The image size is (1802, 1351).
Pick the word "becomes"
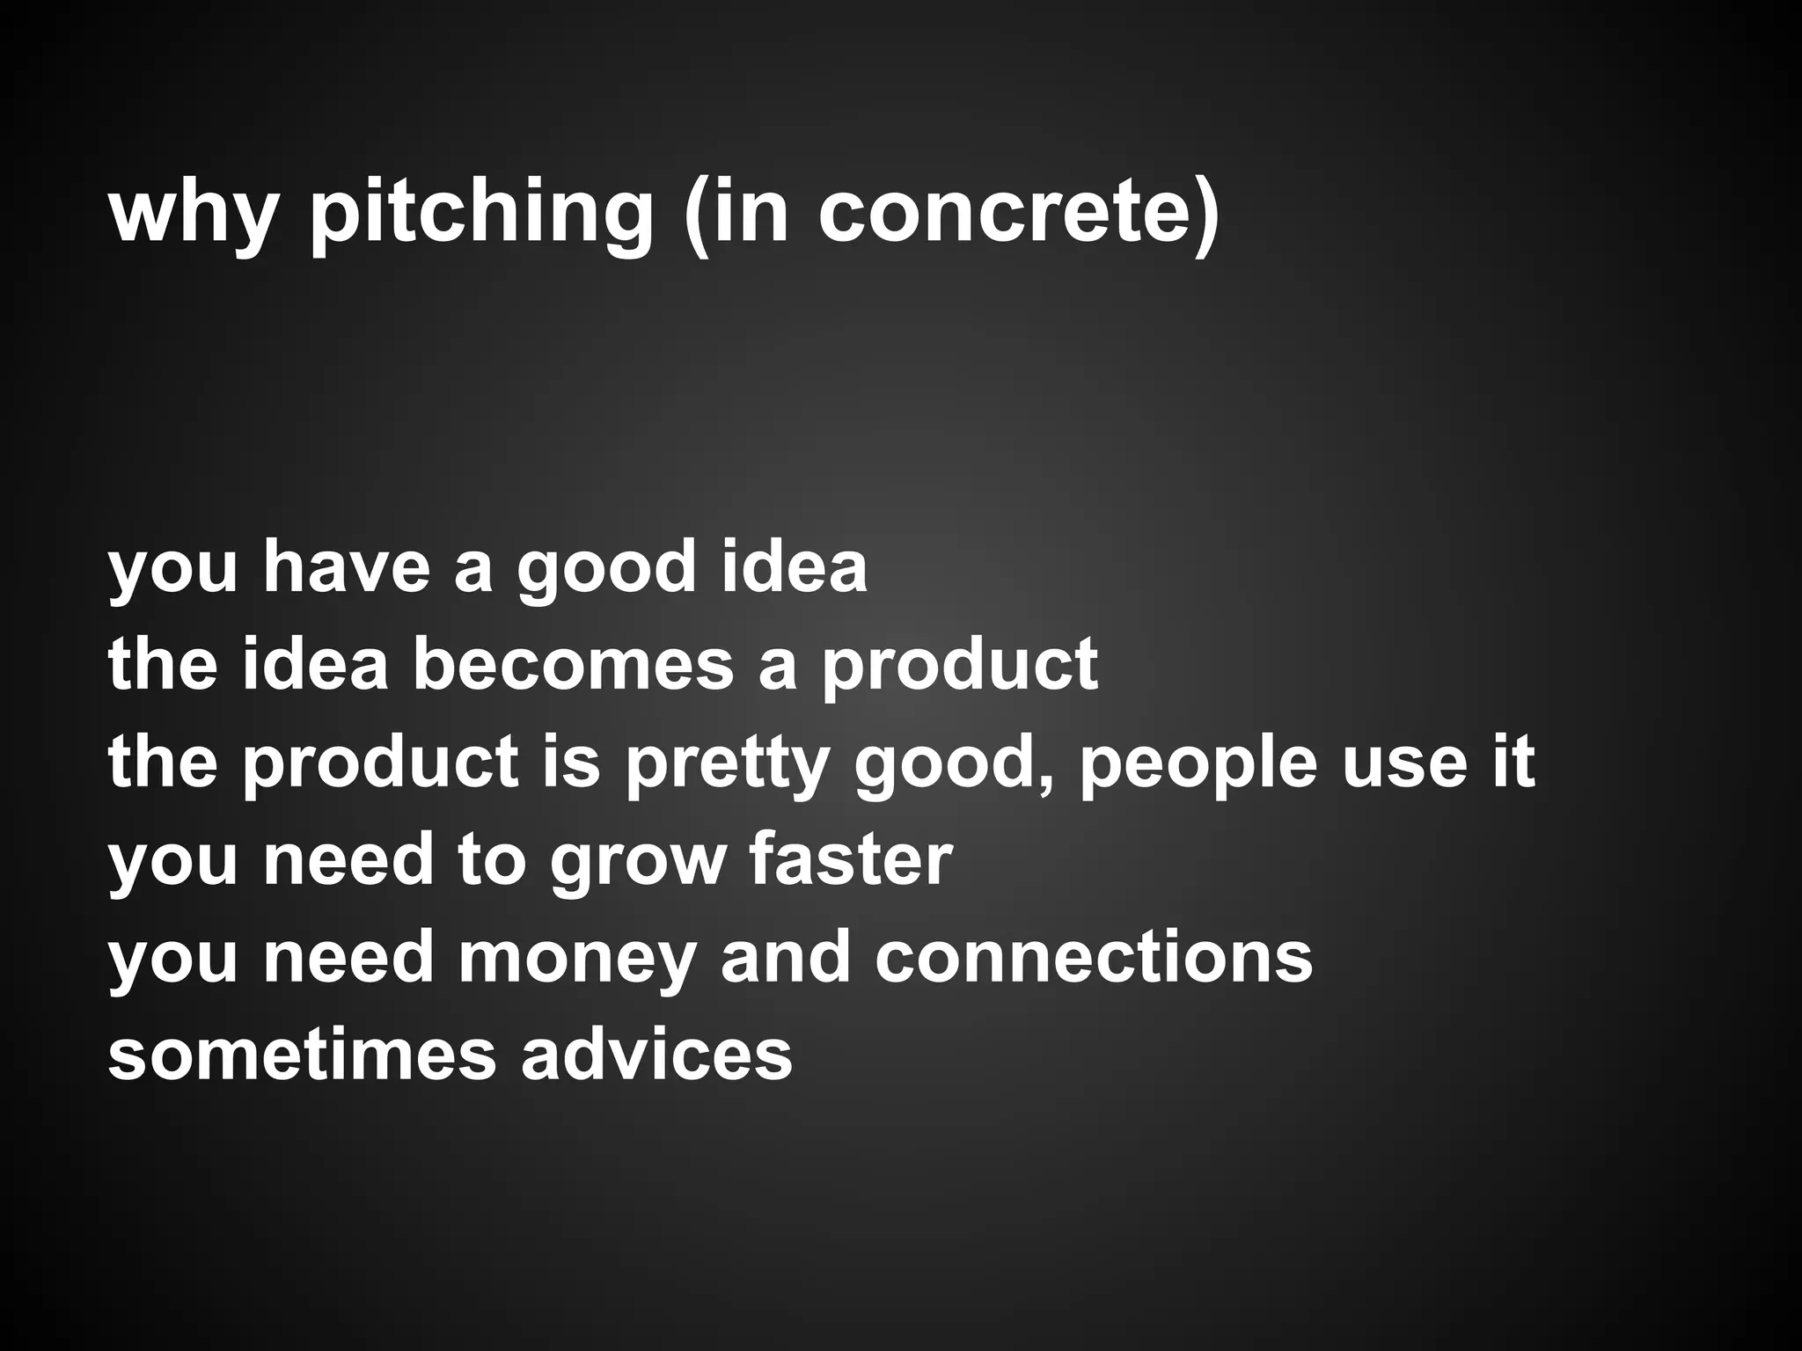(573, 665)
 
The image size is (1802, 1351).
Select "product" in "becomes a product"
(960, 667)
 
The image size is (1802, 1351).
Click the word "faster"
(852, 860)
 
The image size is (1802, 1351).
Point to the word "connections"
(1094, 958)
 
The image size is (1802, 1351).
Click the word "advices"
(656, 1055)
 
